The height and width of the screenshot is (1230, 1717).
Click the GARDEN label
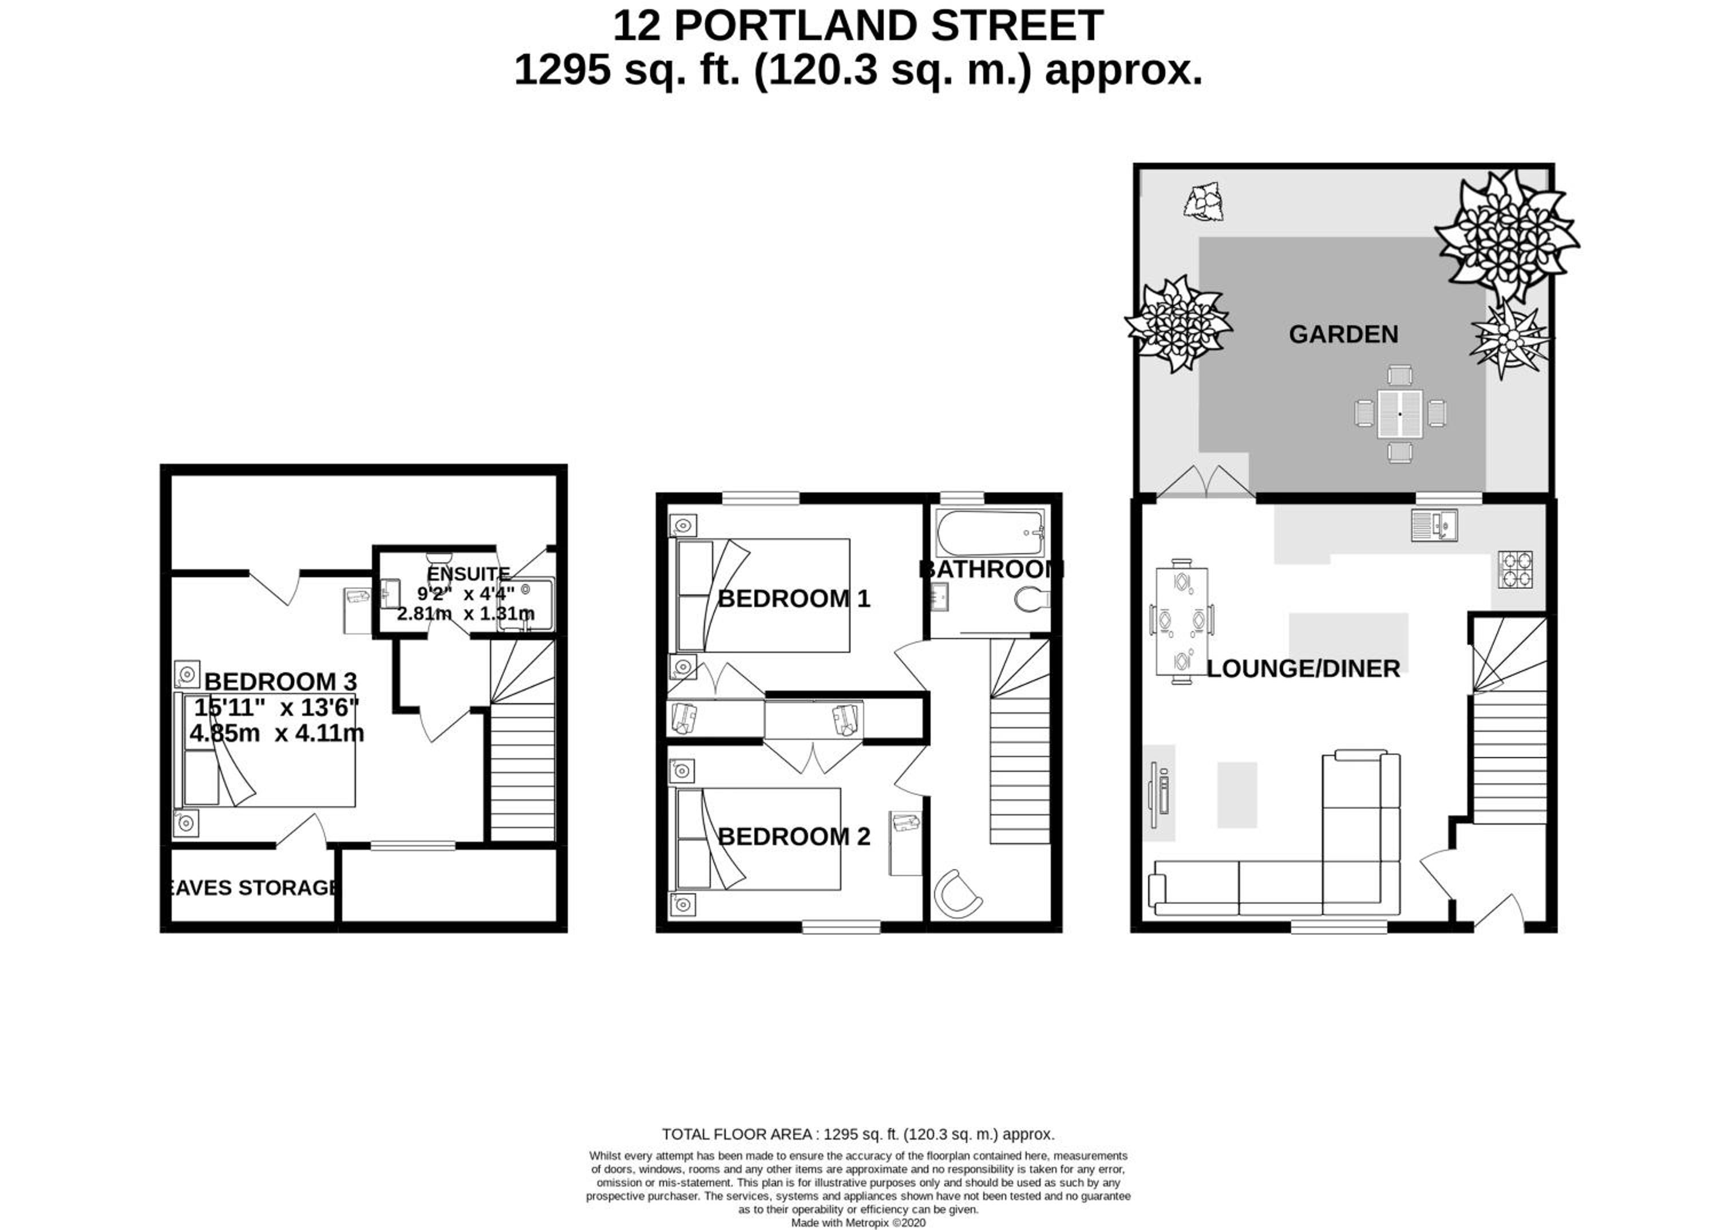click(x=1343, y=334)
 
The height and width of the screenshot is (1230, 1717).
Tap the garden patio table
click(x=1400, y=413)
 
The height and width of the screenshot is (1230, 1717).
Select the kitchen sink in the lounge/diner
click(x=1434, y=526)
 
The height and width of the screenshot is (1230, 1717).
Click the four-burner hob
click(x=1516, y=570)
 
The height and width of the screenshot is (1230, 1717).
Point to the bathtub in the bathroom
click(x=990, y=533)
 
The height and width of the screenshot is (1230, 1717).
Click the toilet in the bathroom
click(x=1032, y=600)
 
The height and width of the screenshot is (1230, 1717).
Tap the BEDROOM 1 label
click(x=793, y=599)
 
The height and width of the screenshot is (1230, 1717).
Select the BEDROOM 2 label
click(x=793, y=837)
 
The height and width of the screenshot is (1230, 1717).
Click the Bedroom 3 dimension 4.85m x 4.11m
click(x=276, y=733)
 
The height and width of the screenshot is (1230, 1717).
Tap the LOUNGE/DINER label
click(x=1303, y=668)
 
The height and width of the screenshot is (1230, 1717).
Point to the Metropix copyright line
click(x=858, y=1223)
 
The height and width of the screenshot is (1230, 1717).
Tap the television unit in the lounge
click(x=1159, y=794)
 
